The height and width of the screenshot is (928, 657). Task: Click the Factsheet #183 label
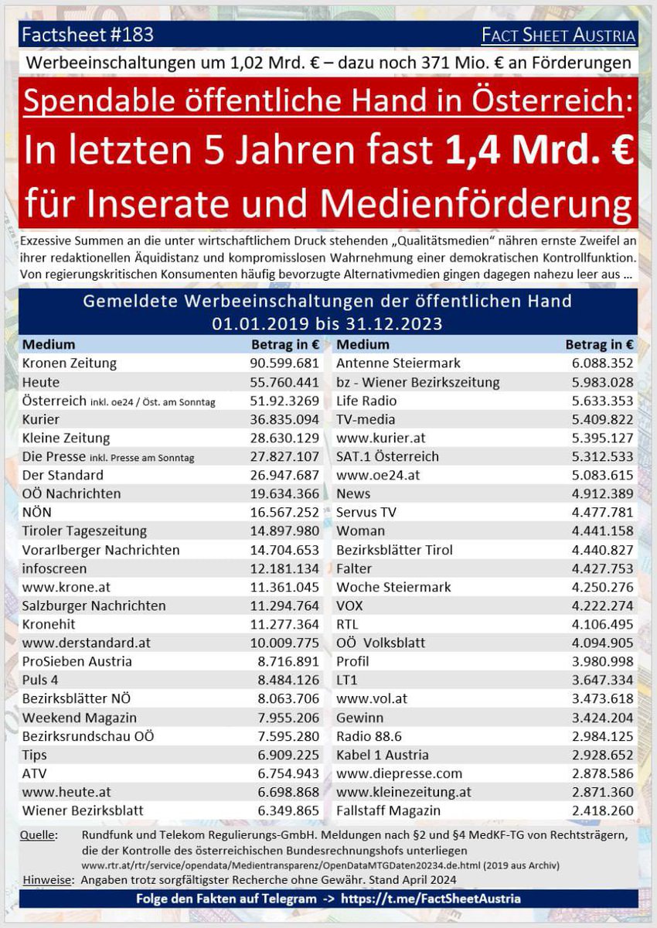[x=87, y=35]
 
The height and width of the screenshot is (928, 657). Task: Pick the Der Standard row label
[x=63, y=475]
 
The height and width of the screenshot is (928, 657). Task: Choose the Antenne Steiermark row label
[x=398, y=363]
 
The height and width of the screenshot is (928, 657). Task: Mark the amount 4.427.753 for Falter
[x=598, y=568]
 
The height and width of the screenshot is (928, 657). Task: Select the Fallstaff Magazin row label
[x=388, y=810]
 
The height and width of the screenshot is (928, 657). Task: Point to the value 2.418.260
[x=598, y=810]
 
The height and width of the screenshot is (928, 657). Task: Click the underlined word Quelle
[x=41, y=835]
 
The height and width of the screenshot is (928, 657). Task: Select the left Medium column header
[x=49, y=344]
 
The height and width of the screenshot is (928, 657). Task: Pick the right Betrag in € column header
[x=599, y=344]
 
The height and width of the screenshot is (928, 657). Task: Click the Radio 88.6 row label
[x=369, y=736]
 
